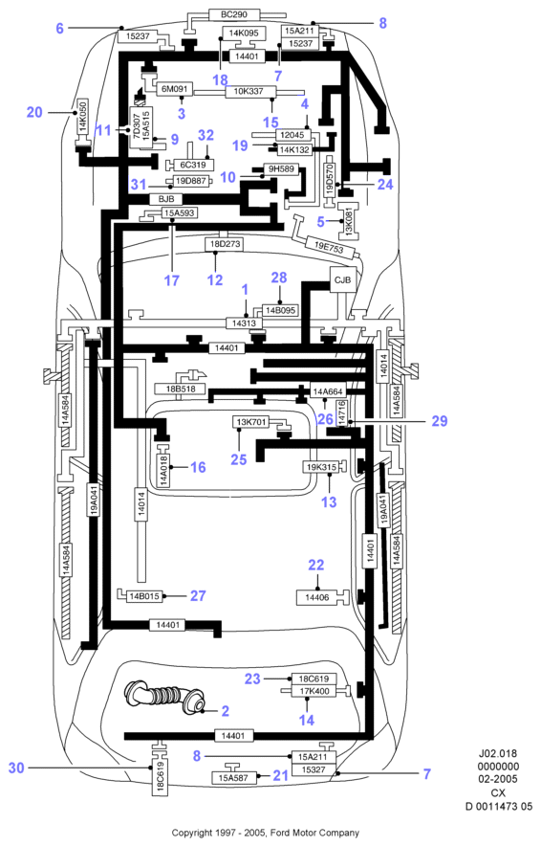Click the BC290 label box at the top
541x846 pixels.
pos(234,14)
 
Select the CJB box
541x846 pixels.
pos(343,280)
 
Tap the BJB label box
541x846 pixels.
pos(166,199)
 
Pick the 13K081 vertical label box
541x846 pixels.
pos(348,221)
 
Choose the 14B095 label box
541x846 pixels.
pos(280,311)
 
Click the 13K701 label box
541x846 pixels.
pos(250,422)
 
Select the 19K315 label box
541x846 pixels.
pos(321,467)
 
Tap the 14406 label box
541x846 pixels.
pos(316,598)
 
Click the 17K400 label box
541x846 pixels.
pos(314,691)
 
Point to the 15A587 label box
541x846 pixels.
pos(234,778)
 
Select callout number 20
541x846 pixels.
pos(34,112)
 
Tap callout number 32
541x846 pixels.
pos(206,135)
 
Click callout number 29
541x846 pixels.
pos(440,421)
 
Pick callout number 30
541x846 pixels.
pos(16,768)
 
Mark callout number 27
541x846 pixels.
pos(198,595)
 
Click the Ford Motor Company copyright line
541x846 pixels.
pos(265,833)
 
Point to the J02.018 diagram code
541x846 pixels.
pos(498,753)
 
